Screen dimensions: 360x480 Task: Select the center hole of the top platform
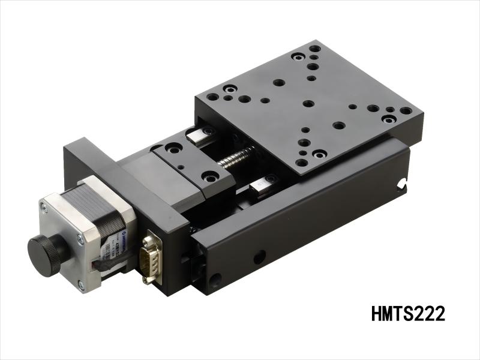308,103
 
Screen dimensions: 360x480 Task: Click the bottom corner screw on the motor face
81,286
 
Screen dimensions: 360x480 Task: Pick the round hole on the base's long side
259,257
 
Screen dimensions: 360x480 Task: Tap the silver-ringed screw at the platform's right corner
389,119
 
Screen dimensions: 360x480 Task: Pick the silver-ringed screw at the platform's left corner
228,89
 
